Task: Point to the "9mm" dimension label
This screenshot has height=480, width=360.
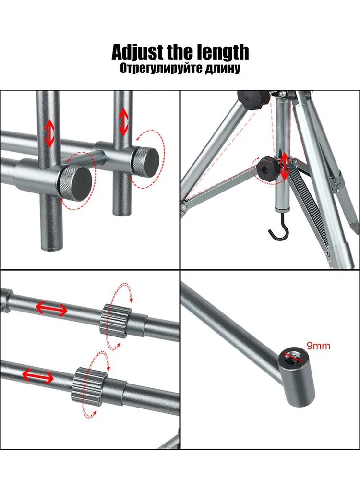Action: (x=318, y=346)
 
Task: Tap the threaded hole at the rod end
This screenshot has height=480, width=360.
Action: (x=293, y=356)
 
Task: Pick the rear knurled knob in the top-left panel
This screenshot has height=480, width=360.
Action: (x=145, y=162)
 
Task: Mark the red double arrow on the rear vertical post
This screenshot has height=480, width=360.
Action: (x=124, y=122)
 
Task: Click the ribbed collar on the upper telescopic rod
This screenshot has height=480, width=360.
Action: (x=115, y=321)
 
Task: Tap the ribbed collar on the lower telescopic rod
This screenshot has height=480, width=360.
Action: (x=89, y=387)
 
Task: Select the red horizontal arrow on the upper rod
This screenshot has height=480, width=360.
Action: (x=51, y=309)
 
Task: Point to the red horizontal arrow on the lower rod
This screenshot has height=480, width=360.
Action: (x=38, y=376)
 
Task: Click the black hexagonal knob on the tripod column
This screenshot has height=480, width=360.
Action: (x=268, y=168)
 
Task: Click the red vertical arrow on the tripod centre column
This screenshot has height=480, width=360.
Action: (x=285, y=167)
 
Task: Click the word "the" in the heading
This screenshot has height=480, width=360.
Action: (x=180, y=52)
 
